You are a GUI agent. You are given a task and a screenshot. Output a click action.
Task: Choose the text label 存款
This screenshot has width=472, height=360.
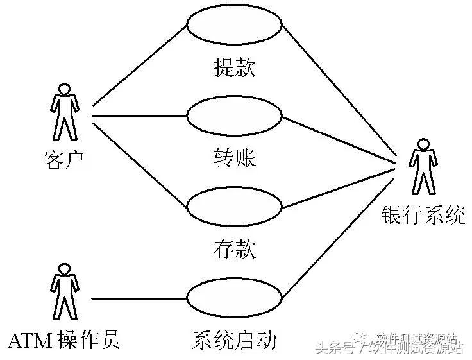[234, 248]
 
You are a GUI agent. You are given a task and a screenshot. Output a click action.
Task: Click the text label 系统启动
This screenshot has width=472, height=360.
[234, 339]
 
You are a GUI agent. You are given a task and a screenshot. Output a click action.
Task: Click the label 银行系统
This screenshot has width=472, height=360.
[423, 216]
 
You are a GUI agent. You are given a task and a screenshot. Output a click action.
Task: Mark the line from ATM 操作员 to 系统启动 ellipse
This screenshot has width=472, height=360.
[138, 298]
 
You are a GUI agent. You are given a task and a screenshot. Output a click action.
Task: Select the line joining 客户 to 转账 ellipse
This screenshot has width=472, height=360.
[138, 116]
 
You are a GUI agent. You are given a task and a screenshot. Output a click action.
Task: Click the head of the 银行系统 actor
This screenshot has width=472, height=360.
[422, 144]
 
